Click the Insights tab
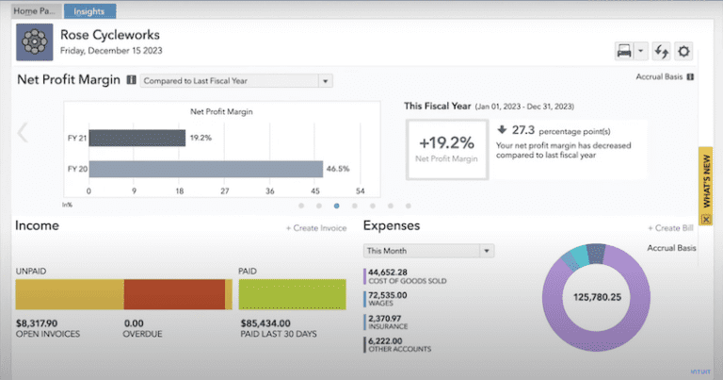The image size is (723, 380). coord(90,10)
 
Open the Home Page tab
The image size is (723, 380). coord(33,10)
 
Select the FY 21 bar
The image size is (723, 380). coord(137,138)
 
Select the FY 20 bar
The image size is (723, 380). coord(206,170)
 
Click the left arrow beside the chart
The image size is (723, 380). coord(23,133)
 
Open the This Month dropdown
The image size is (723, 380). coord(428,251)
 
